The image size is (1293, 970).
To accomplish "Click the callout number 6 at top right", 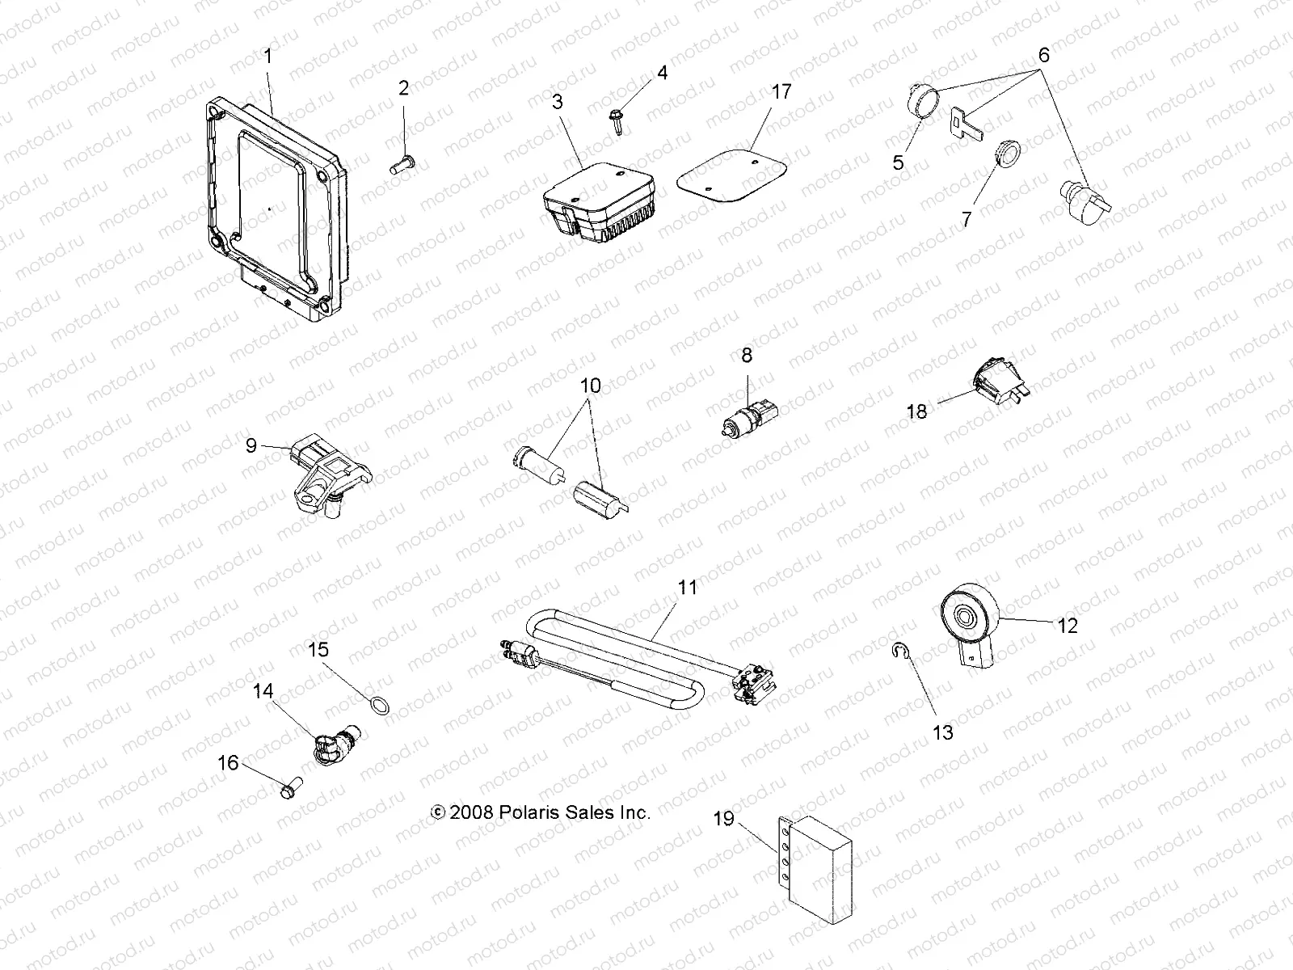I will click(1043, 56).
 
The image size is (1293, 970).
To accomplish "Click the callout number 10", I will click(591, 386).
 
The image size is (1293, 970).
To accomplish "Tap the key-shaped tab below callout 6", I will click(964, 124).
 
